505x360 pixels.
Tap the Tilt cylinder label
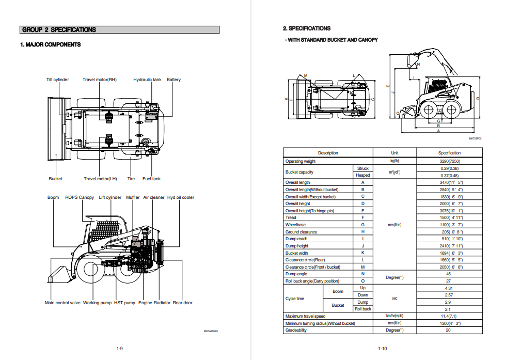[57, 80]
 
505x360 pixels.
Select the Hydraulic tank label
[147, 80]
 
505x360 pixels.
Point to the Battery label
[173, 80]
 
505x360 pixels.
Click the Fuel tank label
[151, 179]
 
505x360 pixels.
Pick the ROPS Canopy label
[80, 197]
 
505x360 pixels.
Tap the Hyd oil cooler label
[181, 197]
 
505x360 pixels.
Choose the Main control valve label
[62, 303]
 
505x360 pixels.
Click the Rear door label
[182, 303]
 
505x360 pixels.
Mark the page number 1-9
[119, 349]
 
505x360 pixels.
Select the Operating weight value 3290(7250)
[449, 161]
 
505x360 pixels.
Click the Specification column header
[449, 153]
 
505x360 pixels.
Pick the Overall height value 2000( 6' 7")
[449, 204]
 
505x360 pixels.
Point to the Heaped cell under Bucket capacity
[363, 175]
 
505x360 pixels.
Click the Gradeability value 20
[448, 330]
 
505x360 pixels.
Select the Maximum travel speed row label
[305, 316]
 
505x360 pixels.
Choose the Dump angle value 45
[448, 274]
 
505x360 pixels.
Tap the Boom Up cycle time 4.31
[449, 288]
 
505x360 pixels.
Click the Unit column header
[394, 153]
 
